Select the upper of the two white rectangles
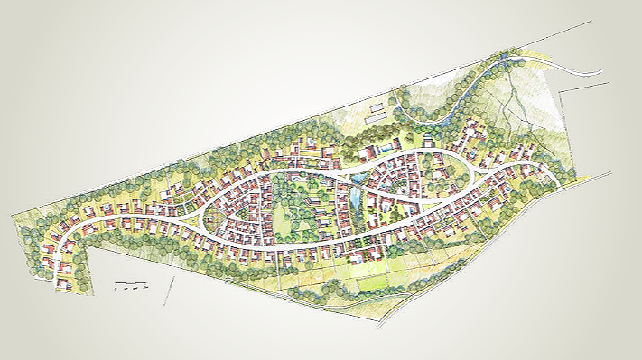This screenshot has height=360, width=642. [x=374, y=109]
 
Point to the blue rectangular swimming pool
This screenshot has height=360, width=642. [x=386, y=145]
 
